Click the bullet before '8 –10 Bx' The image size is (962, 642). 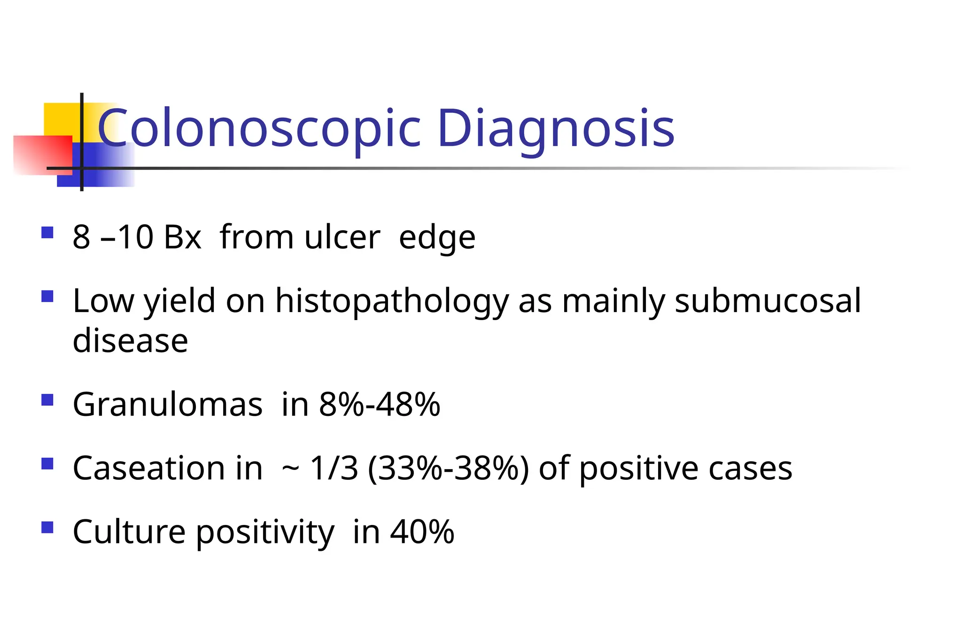pos(47,233)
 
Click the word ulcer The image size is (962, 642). pos(342,237)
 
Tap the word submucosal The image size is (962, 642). pos(768,301)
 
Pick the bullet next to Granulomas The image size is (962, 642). pos(47,400)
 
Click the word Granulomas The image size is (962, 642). pos(168,404)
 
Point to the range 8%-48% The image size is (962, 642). pos(380,404)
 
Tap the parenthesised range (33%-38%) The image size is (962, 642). pos(448,468)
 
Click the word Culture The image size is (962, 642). pos(129,532)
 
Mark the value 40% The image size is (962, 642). pos(422,532)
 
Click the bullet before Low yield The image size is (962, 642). pos(47,297)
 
